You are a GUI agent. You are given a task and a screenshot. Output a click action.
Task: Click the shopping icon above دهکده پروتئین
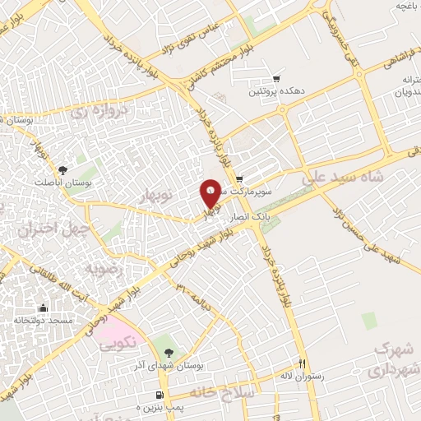(x=276, y=80)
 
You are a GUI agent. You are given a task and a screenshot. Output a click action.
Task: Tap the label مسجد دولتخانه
(x=43, y=319)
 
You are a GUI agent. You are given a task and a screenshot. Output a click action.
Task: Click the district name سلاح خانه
(x=224, y=392)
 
